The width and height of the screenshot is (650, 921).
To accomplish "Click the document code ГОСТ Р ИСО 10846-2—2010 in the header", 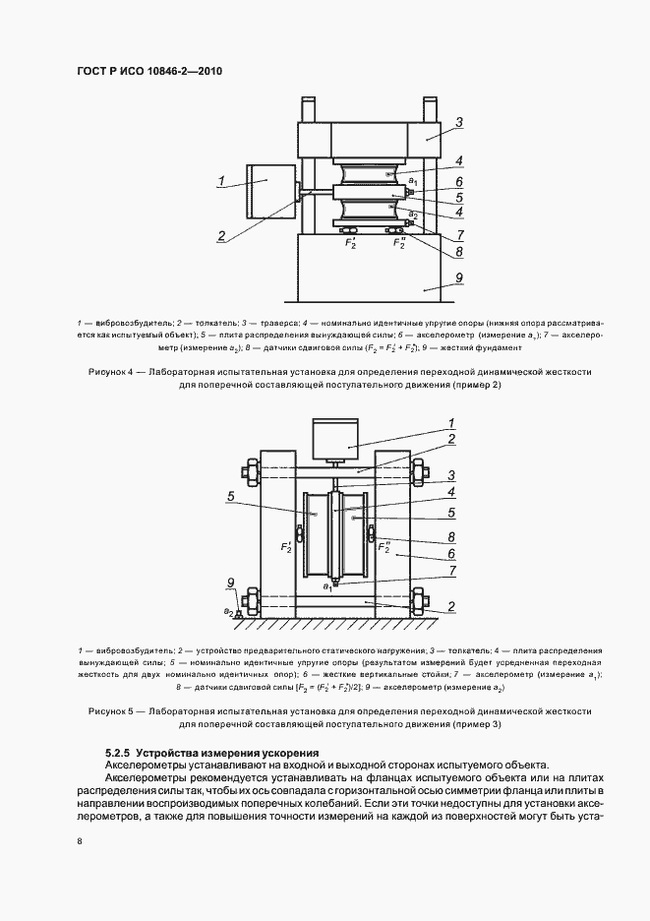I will pos(143,72).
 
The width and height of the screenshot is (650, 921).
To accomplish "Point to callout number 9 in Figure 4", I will pos(458,278).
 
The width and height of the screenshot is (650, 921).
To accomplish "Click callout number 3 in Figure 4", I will pos(458,123).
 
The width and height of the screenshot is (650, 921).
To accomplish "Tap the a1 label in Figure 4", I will pos(413,181).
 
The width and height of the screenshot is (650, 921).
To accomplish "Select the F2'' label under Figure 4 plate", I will pos(399,241).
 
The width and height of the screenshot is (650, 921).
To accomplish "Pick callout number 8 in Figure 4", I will pos(458,251).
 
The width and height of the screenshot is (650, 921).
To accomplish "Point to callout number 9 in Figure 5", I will pos(230,594).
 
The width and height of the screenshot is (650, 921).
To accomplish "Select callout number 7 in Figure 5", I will pos(450,570).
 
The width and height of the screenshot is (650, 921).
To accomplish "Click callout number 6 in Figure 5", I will pos(450,554).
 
